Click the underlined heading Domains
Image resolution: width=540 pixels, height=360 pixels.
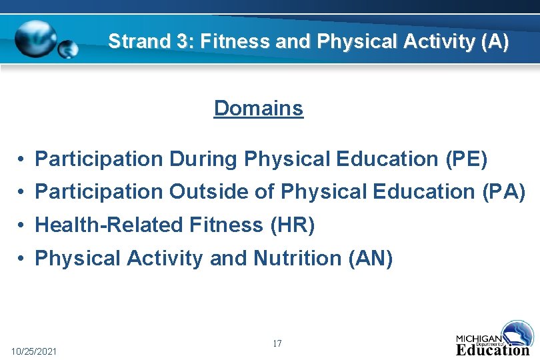pos(259,108)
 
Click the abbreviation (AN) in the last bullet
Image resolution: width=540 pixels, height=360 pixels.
pos(371,258)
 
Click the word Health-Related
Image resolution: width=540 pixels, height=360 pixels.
pos(107,225)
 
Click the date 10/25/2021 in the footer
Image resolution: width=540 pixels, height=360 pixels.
pos(34,351)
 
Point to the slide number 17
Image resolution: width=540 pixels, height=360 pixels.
pos(277,344)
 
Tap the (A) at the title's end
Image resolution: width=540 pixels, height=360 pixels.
pos(494,42)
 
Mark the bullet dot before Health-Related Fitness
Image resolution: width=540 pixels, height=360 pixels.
pos(22,226)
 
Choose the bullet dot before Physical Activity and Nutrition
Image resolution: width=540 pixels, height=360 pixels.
pos(22,259)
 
